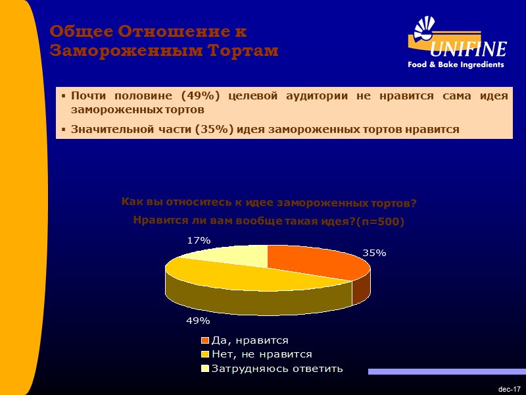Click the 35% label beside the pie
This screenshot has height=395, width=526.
[x=374, y=253]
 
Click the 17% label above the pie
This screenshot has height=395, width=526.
[x=198, y=241]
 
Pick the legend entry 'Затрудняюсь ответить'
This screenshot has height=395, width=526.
[x=276, y=367]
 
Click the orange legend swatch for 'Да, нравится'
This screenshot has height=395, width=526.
[x=204, y=340]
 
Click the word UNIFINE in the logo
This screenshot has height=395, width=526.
[x=468, y=49]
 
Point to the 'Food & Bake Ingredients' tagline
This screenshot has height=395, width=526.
[x=456, y=65]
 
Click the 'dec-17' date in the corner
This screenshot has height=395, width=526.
[x=509, y=390]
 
